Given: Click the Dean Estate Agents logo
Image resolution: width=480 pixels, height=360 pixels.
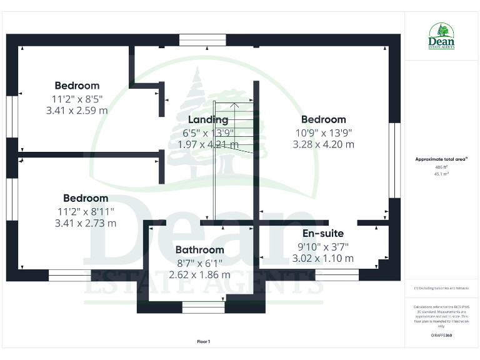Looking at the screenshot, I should click(441, 37).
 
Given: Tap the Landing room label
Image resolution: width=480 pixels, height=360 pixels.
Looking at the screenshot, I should click(208, 119).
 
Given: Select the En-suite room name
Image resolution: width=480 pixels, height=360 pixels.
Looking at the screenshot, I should click(323, 233).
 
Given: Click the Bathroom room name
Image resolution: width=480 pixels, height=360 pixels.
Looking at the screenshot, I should click(199, 249).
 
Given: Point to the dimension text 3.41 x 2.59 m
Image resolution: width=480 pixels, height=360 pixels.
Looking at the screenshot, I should click(77, 110).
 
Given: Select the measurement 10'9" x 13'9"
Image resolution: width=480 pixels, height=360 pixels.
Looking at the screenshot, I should click(324, 132).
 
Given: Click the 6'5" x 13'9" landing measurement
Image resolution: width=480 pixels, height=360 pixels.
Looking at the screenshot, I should click(209, 132).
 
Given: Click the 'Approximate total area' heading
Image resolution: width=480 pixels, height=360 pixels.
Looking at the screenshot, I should click(441, 159).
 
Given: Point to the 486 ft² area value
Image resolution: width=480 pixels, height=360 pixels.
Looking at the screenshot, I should click(441, 167).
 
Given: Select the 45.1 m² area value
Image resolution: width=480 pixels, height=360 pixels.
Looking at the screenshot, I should click(441, 174).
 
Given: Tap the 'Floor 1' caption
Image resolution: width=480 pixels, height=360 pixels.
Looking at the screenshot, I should click(204, 341).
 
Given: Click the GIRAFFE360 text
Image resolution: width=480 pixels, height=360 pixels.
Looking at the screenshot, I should click(441, 336).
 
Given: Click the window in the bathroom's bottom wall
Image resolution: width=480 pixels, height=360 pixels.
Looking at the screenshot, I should click(203, 307).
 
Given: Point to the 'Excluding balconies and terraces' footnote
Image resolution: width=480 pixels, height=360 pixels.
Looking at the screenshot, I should click(441, 288).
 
